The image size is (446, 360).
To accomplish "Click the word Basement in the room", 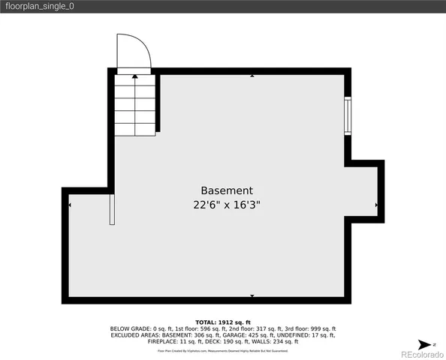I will point(227,191).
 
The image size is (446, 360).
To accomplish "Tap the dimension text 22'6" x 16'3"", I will point(227,205).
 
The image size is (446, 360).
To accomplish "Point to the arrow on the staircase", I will point(134,75).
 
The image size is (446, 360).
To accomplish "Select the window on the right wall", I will point(348,115).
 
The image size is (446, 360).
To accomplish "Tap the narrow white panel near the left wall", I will point(112,209).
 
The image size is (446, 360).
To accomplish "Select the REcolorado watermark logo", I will point(420,353).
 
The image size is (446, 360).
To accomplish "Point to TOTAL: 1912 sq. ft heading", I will point(223,322).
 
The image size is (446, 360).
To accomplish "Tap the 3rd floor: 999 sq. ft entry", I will point(310,328).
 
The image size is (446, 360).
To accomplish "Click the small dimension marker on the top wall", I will point(252,76).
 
